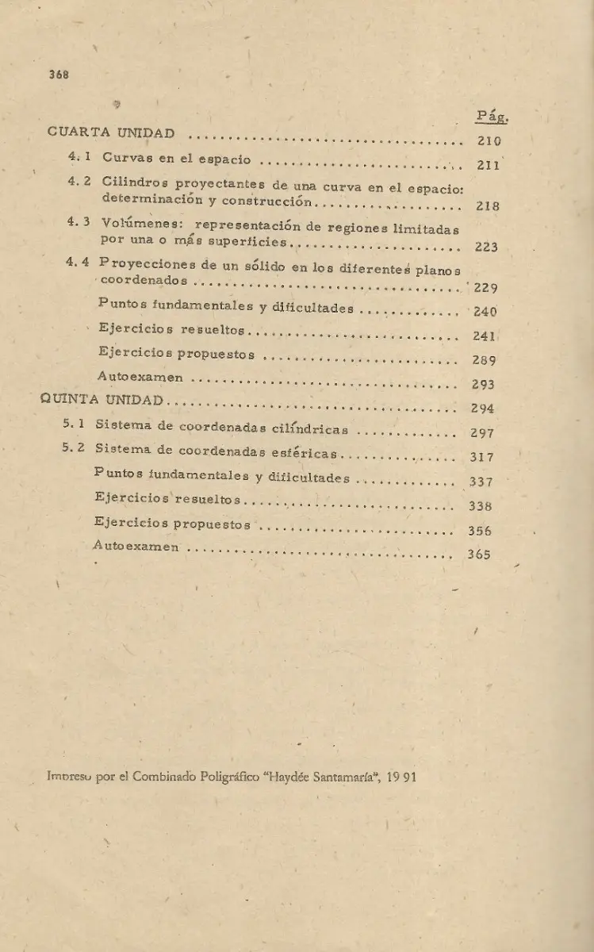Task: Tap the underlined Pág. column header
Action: (x=492, y=117)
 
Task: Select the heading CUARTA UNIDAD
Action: (x=112, y=132)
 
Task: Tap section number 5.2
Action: (x=74, y=450)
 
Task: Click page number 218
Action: (x=487, y=206)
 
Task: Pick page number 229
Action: (x=485, y=288)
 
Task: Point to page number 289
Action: (x=484, y=360)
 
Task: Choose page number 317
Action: (x=481, y=457)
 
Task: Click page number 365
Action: (x=479, y=555)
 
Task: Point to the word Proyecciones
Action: (x=147, y=264)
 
